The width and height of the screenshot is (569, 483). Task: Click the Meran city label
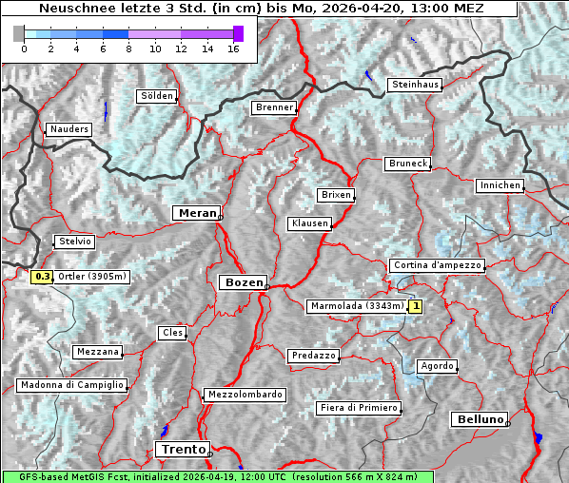[196, 213]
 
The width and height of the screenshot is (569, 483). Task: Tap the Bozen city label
[242, 282]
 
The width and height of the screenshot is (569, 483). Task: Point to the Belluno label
[479, 418]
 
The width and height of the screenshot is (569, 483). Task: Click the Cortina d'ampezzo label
[437, 265]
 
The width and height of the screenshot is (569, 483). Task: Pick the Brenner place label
[275, 107]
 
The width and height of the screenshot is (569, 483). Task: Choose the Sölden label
[157, 96]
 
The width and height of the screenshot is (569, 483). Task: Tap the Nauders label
[69, 129]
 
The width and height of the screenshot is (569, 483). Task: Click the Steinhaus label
[416, 85]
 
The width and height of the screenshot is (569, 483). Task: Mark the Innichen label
[500, 185]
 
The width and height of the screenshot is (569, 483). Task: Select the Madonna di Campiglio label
[71, 385]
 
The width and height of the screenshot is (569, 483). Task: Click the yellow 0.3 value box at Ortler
[42, 278]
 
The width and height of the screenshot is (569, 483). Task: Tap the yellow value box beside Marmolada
[416, 306]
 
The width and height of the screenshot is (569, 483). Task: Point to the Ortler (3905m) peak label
[92, 278]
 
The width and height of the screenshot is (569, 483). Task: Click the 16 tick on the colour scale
[233, 48]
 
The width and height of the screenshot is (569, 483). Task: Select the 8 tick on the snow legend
[128, 48]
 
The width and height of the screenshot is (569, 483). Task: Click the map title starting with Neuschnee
[257, 9]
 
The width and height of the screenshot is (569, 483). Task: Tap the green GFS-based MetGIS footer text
[217, 476]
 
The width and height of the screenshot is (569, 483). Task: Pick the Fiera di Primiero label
[359, 408]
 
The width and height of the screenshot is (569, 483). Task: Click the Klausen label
[309, 223]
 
